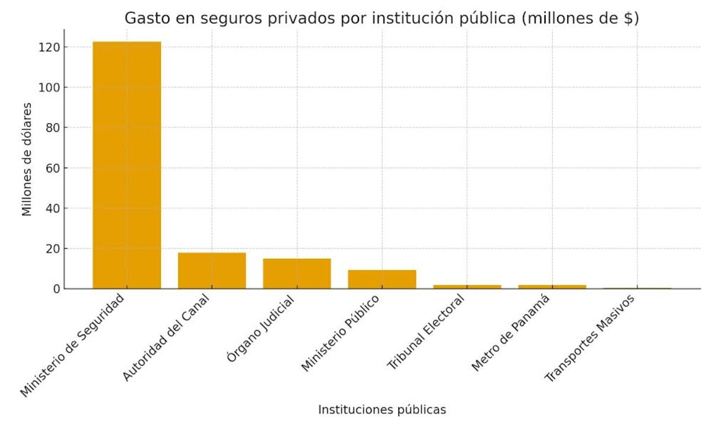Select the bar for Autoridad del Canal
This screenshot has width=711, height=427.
212,270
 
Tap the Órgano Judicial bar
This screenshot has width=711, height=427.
297,273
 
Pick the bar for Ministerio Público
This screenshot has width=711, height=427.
382,279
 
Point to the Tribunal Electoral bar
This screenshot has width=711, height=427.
467,287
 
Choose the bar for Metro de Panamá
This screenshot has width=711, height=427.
552,287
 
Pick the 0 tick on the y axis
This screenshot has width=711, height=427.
56,289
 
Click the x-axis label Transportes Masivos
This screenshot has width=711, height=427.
590,338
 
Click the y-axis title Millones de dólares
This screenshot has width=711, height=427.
27,159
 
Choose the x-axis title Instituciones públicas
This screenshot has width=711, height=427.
382,410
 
